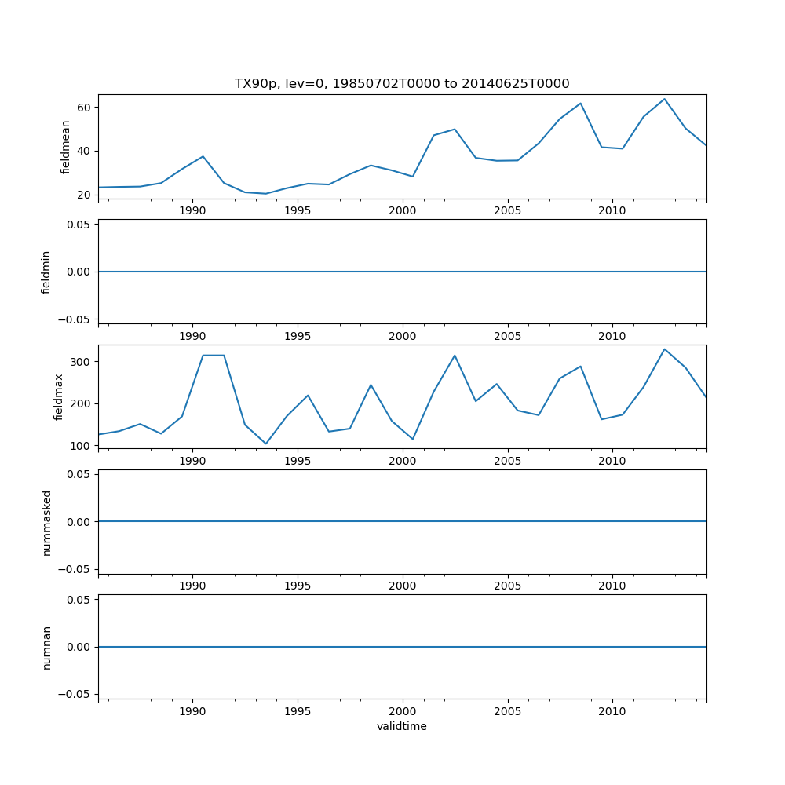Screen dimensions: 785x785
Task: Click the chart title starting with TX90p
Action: pos(402,83)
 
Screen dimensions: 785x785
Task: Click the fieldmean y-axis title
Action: pos(65,147)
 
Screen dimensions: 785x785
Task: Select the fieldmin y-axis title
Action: pos(46,272)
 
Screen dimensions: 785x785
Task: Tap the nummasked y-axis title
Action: pos(46,522)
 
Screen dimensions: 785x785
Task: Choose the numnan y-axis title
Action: pos(46,647)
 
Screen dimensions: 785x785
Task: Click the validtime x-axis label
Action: pos(402,726)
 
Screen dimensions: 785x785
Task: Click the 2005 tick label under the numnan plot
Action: pos(507,711)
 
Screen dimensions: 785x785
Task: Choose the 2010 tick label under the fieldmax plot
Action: pos(612,461)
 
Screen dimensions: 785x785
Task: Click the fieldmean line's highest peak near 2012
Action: pos(664,99)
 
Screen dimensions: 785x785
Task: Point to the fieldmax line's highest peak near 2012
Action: pos(664,349)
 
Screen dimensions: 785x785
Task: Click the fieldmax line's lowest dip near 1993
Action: pos(266,444)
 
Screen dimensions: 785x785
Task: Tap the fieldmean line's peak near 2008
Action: pos(580,103)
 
